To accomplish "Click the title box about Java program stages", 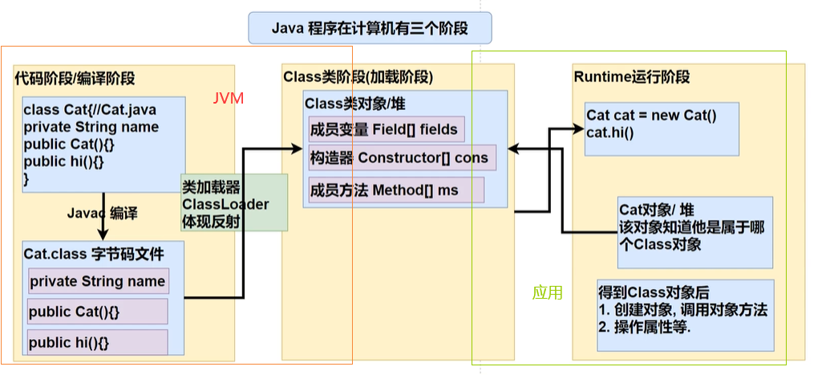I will click(x=369, y=29).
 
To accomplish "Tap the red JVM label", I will click(x=228, y=99).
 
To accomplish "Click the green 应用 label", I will click(x=548, y=293).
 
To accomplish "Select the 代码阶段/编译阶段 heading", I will click(x=75, y=79).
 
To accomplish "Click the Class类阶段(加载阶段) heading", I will click(x=358, y=77).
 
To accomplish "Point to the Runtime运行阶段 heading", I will click(x=632, y=77).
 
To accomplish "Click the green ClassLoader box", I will click(x=233, y=203).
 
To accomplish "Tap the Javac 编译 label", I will click(x=103, y=214).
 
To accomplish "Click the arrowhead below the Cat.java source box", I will click(x=103, y=233).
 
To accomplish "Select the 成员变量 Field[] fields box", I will click(x=385, y=129).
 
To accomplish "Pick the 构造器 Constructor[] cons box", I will click(x=402, y=157).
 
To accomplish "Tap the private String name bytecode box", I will click(x=98, y=282).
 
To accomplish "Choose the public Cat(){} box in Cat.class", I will click(x=98, y=312).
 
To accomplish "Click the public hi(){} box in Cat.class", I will click(x=98, y=342).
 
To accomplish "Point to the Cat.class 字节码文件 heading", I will click(x=94, y=255).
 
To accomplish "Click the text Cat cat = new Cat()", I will click(x=651, y=116).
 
